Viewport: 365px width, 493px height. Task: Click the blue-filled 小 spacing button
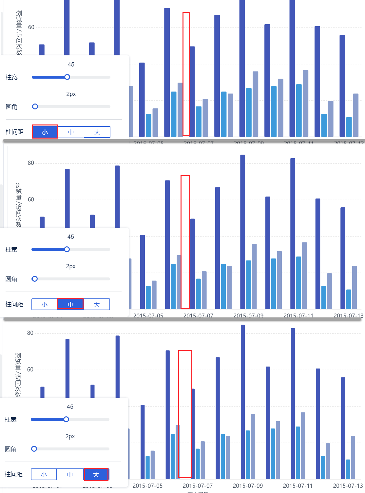click(45, 132)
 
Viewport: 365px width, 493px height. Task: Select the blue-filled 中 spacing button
click(70, 304)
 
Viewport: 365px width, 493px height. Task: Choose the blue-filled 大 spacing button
click(96, 474)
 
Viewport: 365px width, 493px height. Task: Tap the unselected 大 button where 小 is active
click(97, 132)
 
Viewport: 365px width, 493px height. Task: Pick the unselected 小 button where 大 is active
click(44, 474)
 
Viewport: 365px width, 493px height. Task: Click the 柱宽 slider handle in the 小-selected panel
click(67, 77)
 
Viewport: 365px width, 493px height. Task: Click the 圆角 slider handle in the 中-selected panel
click(35, 279)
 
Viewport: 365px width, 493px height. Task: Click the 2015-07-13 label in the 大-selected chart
click(348, 486)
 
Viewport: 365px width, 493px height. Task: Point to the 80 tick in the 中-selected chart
click(31, 163)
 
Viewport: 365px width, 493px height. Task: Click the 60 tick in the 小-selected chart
click(31, 27)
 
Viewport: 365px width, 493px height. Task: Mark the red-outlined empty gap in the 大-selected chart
click(185, 414)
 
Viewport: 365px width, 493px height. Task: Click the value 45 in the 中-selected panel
click(71, 237)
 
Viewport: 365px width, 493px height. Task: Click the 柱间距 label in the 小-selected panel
click(15, 132)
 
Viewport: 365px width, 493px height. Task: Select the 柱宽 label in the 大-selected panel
click(11, 420)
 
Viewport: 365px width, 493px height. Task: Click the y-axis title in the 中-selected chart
click(19, 205)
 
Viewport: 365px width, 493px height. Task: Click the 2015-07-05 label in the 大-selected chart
click(147, 486)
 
